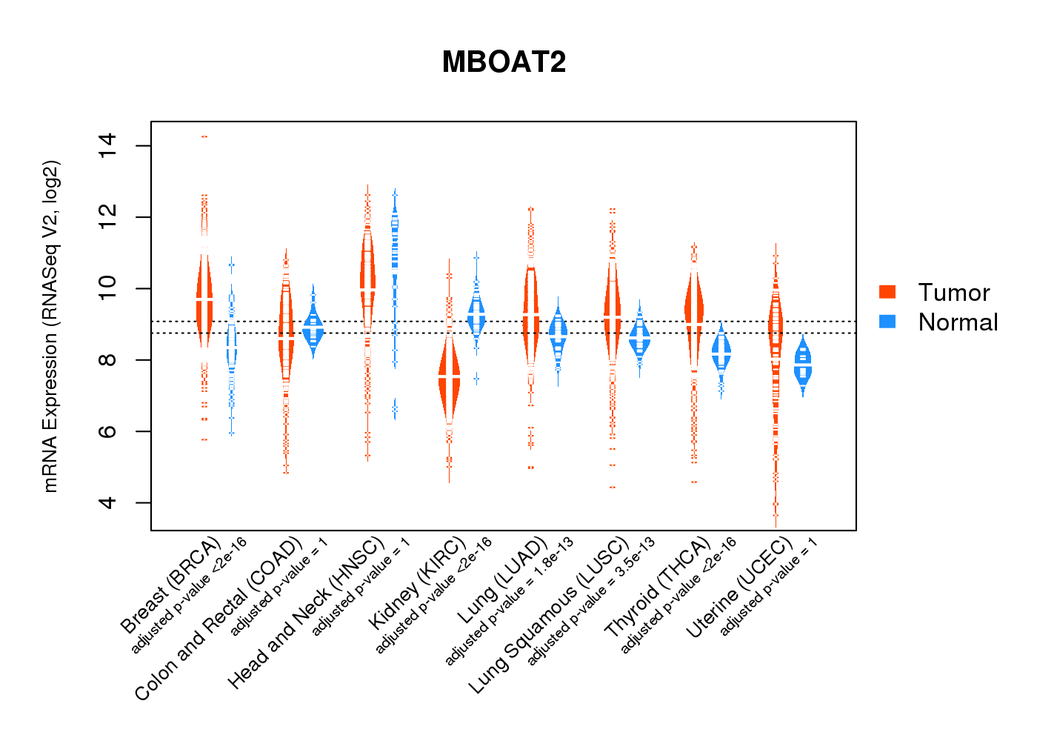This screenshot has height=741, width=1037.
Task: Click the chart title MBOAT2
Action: tap(504, 62)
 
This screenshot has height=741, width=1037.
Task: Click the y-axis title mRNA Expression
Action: tap(50, 326)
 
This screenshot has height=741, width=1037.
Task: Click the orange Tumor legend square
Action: tap(887, 292)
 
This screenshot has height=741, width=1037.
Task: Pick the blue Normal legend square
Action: tap(887, 322)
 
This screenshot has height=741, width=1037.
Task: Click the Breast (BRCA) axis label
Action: tap(170, 585)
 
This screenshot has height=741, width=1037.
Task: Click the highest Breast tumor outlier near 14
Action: tap(204, 136)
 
